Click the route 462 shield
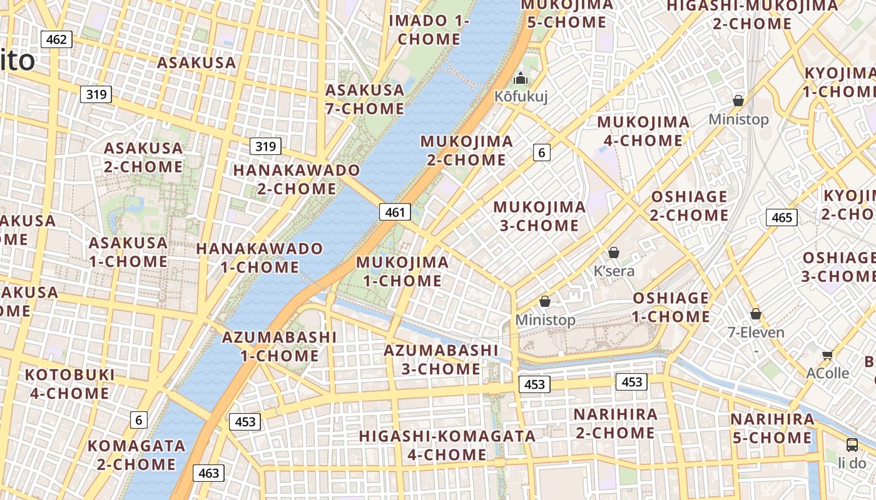click(x=56, y=40)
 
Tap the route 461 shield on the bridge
click(x=395, y=212)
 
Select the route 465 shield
click(x=782, y=217)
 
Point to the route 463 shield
click(x=208, y=473)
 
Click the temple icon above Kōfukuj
click(x=520, y=79)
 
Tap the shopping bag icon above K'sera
click(x=614, y=252)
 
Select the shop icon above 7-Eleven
click(x=756, y=314)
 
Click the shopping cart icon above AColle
click(x=827, y=355)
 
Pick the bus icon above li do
click(x=852, y=445)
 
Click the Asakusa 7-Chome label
click(x=365, y=99)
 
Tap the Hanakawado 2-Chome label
click(x=297, y=179)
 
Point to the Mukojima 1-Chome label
click(x=402, y=271)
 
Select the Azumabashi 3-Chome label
click(x=441, y=359)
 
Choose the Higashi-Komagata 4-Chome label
click(x=447, y=445)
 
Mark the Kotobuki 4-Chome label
click(x=69, y=384)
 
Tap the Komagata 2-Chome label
click(x=136, y=455)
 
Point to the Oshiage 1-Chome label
click(x=671, y=307)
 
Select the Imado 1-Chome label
click(x=429, y=29)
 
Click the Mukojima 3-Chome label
click(x=539, y=216)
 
